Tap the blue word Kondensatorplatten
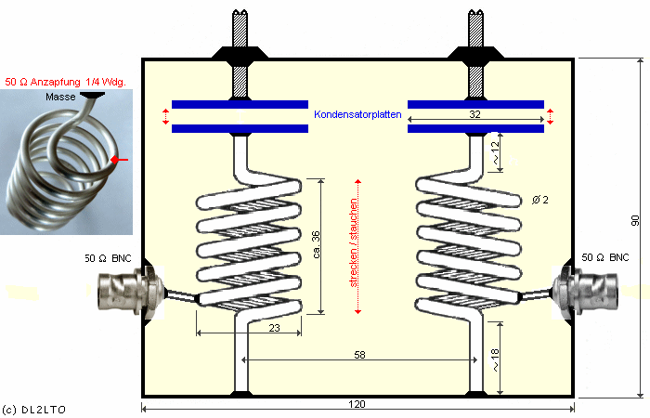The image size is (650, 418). (357, 114)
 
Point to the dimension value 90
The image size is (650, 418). (636, 221)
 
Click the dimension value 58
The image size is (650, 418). (359, 355)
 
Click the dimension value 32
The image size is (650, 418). (475, 114)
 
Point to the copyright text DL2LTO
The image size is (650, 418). (34, 408)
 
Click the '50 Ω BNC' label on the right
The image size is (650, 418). (607, 256)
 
